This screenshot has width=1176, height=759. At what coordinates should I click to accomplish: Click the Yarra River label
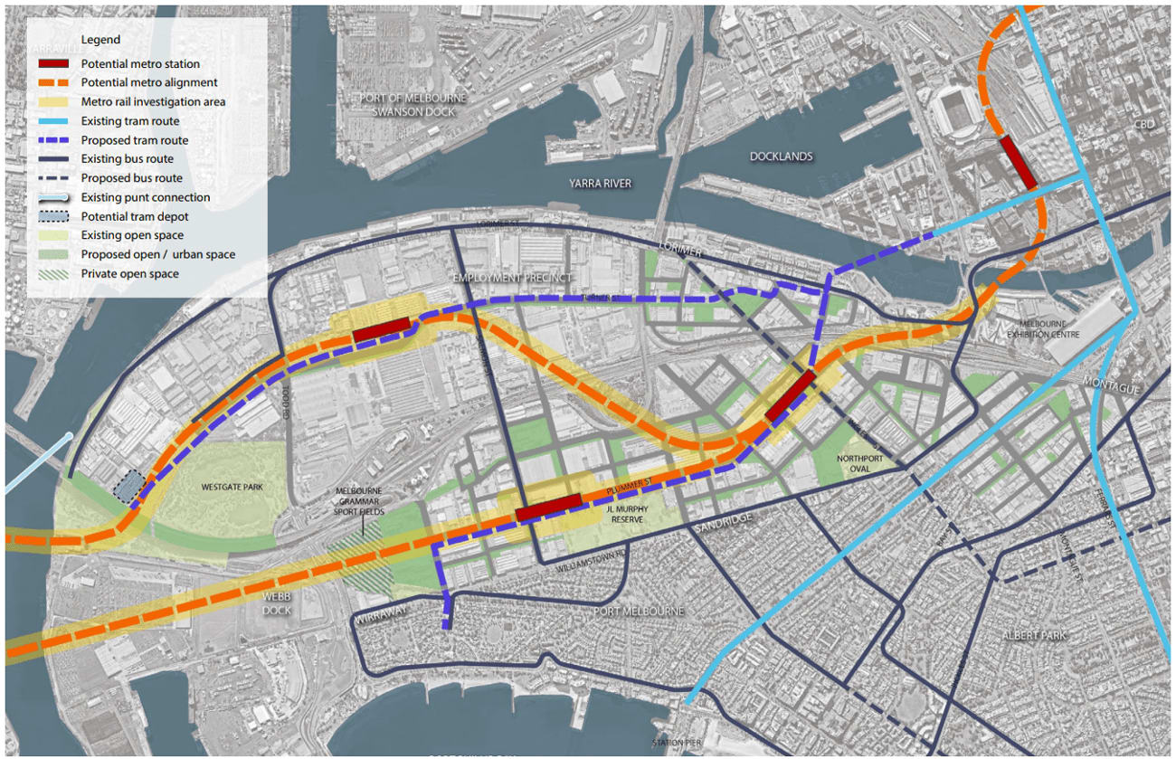600,184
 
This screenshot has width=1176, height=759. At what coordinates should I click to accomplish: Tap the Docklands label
781,157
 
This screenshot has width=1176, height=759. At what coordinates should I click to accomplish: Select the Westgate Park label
232,487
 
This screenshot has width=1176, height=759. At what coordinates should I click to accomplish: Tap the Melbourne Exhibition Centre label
1042,329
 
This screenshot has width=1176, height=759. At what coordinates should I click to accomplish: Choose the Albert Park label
1033,635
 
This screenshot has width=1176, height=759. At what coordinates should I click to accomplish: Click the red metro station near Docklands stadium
1018,163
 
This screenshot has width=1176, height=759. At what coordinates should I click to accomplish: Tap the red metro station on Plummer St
547,508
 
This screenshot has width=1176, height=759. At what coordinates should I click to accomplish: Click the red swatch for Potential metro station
56,64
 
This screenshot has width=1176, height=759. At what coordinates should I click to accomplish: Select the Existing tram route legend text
130,121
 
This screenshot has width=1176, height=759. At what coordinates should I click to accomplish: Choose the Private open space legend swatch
56,274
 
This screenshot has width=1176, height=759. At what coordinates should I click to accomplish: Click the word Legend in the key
100,40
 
